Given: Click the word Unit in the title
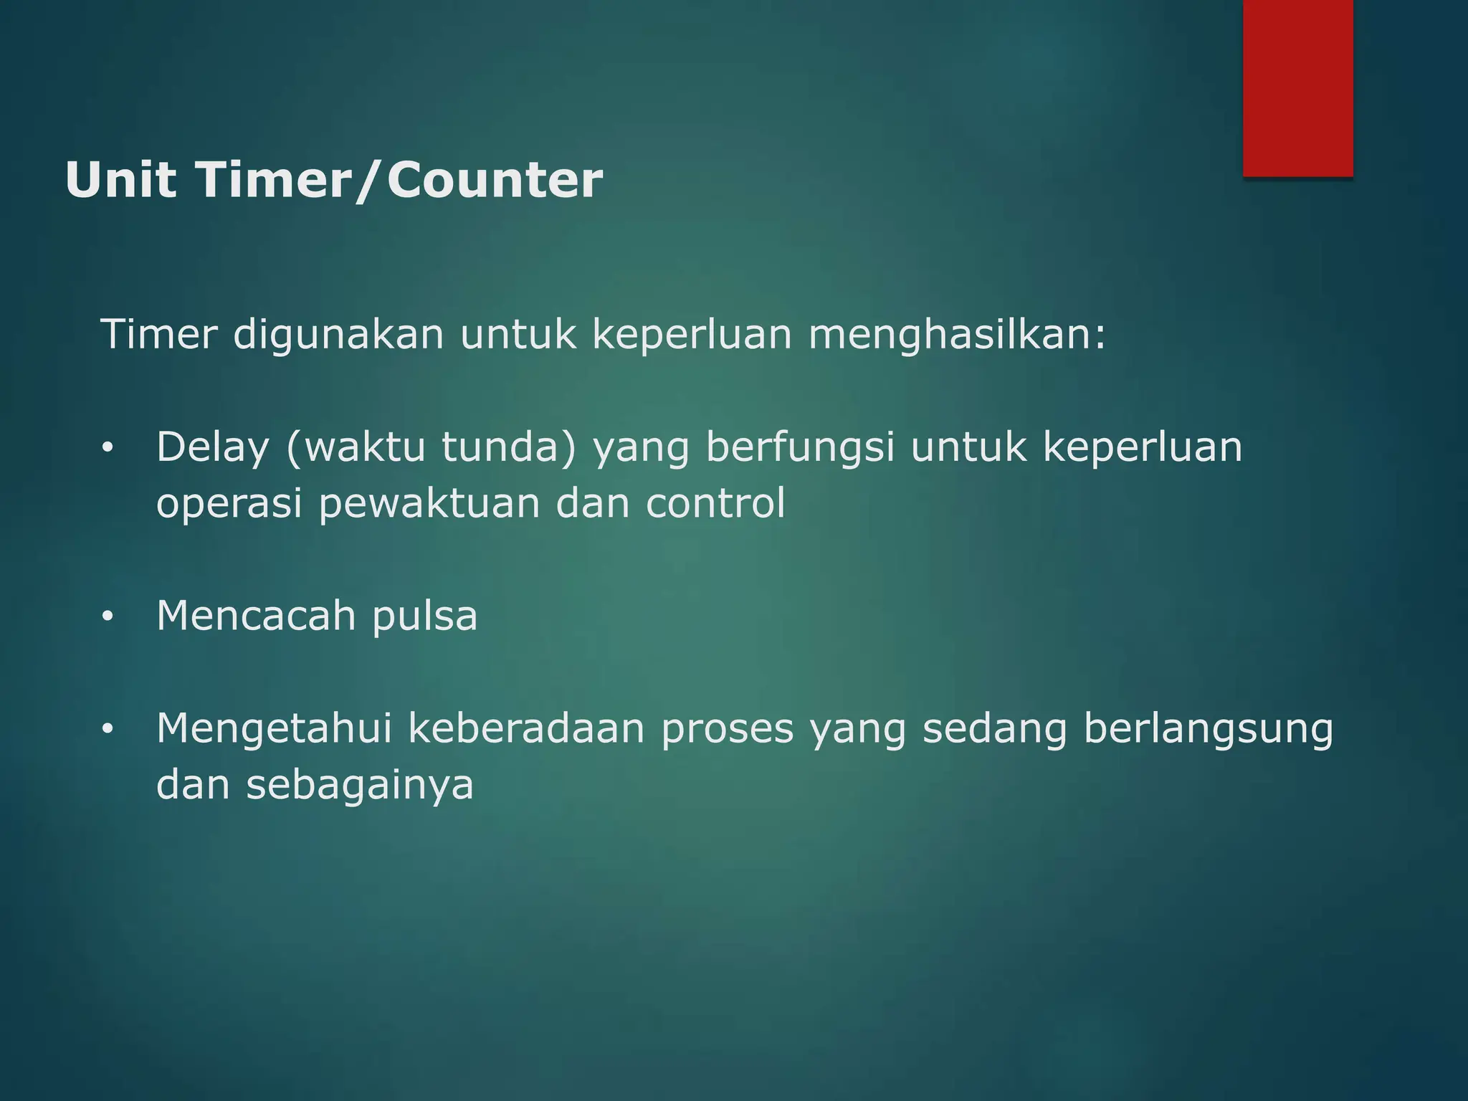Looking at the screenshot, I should (x=120, y=180).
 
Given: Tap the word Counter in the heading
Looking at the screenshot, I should (x=495, y=180).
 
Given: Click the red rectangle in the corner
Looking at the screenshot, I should (x=1297, y=87).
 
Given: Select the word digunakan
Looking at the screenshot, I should (x=338, y=335).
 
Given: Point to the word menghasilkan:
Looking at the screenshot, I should (x=958, y=335).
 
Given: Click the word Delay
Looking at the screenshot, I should (x=213, y=448).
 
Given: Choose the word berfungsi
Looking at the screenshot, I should (x=800, y=448).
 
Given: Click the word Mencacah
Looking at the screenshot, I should (x=256, y=616).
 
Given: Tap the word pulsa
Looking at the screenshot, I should (x=424, y=617).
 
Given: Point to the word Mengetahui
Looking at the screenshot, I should (x=275, y=729).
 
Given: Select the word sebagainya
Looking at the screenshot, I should (x=360, y=786).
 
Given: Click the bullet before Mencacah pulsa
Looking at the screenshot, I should (x=108, y=617).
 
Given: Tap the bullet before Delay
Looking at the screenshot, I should (x=108, y=449).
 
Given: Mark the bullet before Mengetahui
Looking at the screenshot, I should (x=108, y=730).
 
